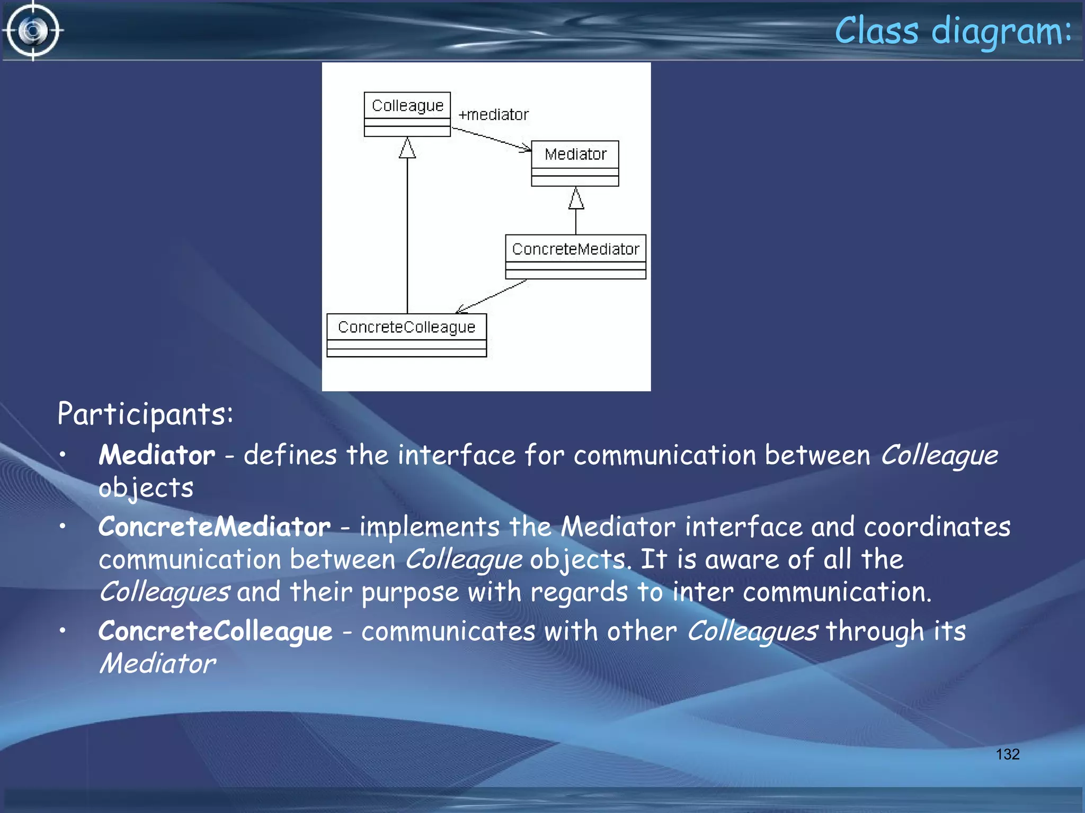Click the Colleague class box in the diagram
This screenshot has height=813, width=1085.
[x=407, y=113]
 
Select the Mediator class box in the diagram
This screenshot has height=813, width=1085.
[x=575, y=162]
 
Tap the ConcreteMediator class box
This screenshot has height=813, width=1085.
[x=575, y=256]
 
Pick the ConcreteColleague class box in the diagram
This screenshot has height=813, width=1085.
[x=406, y=335]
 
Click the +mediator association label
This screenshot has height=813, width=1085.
[x=493, y=114]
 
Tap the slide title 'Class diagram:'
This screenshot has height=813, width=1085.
[x=952, y=31]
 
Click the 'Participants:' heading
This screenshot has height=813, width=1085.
[x=145, y=413]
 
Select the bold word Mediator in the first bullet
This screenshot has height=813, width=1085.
[x=157, y=455]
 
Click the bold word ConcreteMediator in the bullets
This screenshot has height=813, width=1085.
[x=215, y=527]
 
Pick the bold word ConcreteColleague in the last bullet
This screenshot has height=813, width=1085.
[x=215, y=631]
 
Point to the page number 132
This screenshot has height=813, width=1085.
[x=1007, y=754]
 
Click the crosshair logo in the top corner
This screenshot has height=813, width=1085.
[x=33, y=31]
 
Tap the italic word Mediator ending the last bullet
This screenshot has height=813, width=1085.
[x=157, y=664]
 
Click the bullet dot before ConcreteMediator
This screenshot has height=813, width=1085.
[x=63, y=526]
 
